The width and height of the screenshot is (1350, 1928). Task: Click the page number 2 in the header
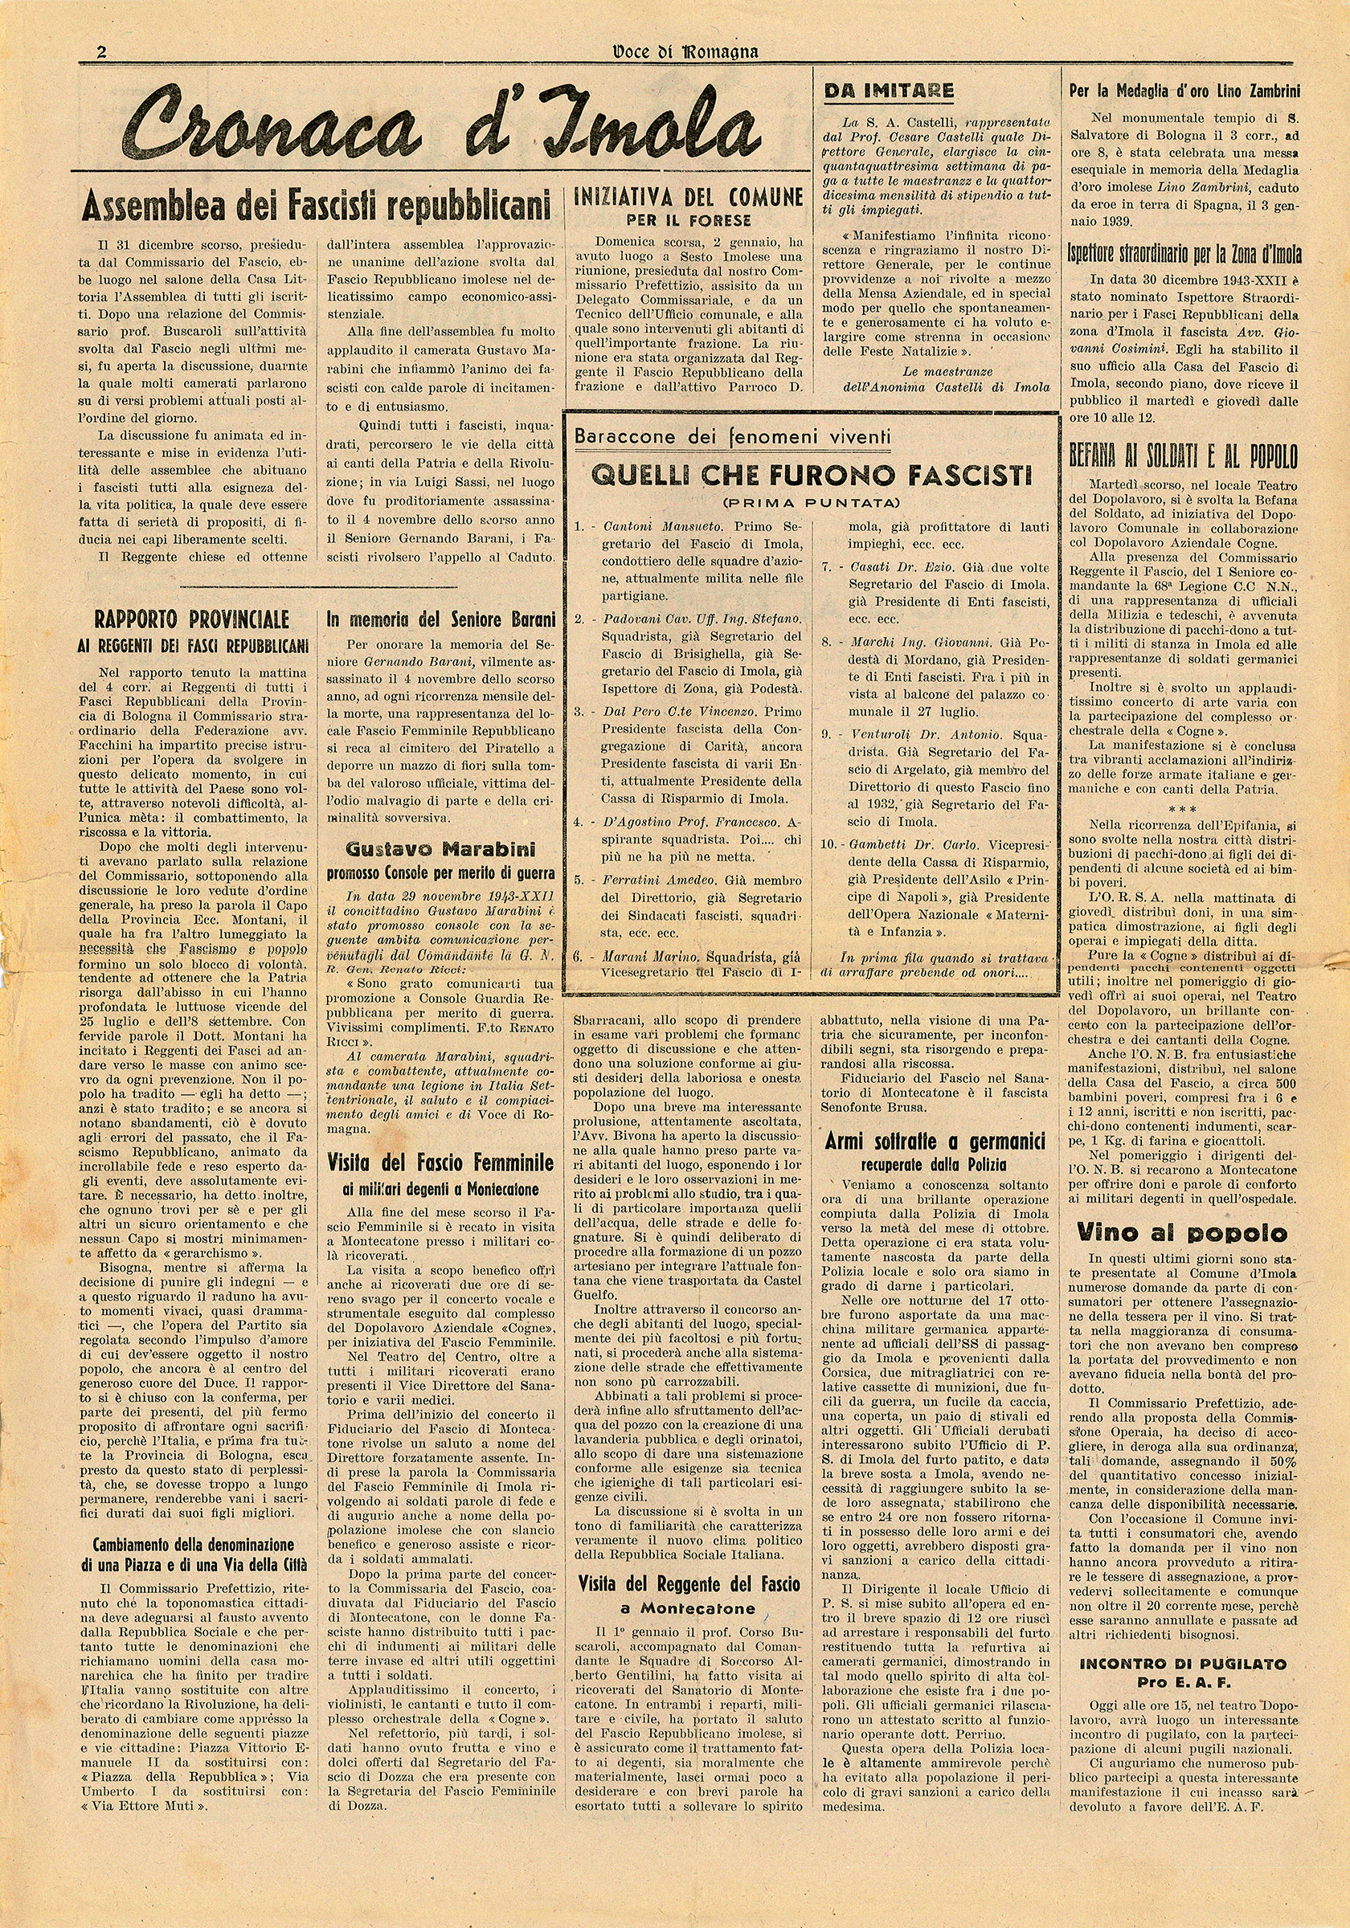[x=101, y=52]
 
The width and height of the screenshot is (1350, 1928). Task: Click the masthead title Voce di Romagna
[x=685, y=51]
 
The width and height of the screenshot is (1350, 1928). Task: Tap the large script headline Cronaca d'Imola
[x=442, y=125]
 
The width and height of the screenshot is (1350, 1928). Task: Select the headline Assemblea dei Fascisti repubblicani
[x=317, y=204]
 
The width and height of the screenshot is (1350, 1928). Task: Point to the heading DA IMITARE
[x=889, y=91]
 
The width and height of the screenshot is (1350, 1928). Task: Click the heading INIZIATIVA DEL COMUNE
[x=688, y=198]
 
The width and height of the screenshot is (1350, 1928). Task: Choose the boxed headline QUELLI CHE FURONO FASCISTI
[x=812, y=476]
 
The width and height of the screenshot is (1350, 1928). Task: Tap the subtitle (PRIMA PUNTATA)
[x=812, y=503]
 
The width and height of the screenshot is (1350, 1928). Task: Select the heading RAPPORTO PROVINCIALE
[x=191, y=619]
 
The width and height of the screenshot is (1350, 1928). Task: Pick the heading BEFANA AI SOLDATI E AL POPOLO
[x=1183, y=457]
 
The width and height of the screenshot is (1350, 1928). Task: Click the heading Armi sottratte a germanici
[x=935, y=1142]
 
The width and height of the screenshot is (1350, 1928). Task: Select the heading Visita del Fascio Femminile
[x=440, y=1163]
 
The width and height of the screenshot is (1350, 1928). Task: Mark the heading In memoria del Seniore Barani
[x=441, y=619]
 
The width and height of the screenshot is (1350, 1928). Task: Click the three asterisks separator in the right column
[x=1182, y=810]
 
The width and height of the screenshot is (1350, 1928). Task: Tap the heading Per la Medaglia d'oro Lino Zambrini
[x=1184, y=92]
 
